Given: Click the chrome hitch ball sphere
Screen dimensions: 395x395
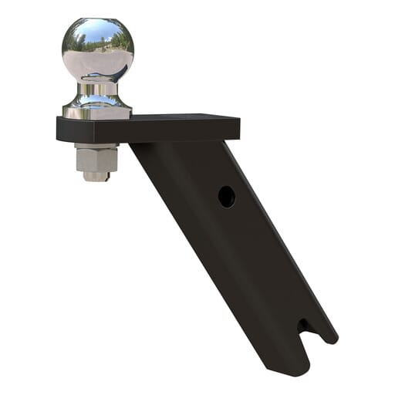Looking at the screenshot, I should tap(98, 50).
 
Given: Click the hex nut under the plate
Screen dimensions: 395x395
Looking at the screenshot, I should tap(96, 160).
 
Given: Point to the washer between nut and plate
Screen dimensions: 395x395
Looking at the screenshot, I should tap(96, 146).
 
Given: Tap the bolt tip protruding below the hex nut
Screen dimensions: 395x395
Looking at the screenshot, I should tap(96, 177).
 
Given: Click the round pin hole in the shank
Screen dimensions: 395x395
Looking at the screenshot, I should tap(226, 196).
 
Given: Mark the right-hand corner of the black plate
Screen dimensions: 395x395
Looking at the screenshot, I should tap(238, 123).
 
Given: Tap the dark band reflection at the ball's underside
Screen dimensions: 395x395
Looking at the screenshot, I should tap(99, 78).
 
